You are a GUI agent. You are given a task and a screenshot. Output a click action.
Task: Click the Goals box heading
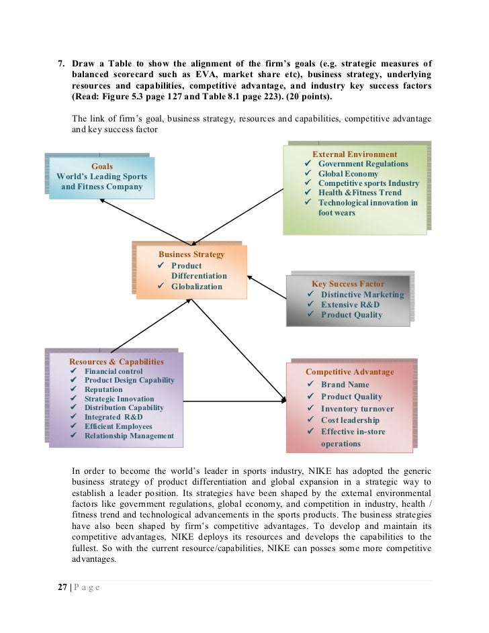click(x=101, y=166)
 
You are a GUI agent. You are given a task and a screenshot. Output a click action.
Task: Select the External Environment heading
click(x=355, y=154)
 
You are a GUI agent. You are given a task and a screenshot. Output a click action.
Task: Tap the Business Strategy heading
click(x=191, y=254)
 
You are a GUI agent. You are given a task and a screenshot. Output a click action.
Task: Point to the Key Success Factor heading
click(x=348, y=284)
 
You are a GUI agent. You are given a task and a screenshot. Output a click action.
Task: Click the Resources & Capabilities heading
click(x=116, y=361)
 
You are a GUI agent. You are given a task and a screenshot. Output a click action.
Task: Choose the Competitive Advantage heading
click(x=350, y=371)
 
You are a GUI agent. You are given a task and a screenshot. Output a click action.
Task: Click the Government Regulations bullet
click(x=363, y=164)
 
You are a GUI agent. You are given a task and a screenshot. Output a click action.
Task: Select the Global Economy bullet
click(x=348, y=173)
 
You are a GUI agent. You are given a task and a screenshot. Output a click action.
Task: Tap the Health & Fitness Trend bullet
click(x=359, y=193)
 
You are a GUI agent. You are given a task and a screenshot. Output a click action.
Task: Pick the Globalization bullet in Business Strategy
click(x=196, y=287)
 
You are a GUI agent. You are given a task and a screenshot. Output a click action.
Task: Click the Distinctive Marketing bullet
click(x=362, y=294)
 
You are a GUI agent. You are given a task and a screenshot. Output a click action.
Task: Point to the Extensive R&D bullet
click(x=350, y=304)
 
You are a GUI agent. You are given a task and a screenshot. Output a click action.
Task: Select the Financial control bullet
click(x=114, y=371)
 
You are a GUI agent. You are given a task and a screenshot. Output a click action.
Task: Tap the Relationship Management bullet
click(x=129, y=436)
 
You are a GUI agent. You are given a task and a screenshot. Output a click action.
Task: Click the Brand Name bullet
click(x=345, y=385)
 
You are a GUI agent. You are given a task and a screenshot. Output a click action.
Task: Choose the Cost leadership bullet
click(x=350, y=420)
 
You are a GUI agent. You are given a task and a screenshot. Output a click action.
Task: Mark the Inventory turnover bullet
click(x=357, y=408)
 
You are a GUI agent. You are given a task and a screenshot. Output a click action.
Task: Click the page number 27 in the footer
click(x=62, y=587)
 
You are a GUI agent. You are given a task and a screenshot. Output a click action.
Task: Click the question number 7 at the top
click(x=60, y=63)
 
